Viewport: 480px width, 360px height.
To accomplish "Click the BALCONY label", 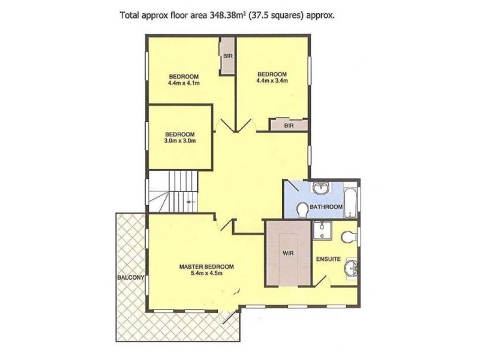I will [130, 277].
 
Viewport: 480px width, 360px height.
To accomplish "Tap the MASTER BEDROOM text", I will [206, 266].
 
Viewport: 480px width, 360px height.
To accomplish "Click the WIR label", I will [287, 253].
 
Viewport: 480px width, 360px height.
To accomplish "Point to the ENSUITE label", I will [328, 259].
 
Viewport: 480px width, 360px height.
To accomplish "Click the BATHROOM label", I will [326, 207].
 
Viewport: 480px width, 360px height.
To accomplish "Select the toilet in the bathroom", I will [302, 209].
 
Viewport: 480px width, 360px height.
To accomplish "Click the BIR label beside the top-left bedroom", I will [228, 56].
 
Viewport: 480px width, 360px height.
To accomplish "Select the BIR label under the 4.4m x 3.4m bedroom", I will [289, 125].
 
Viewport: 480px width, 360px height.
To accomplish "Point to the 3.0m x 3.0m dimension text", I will [180, 141].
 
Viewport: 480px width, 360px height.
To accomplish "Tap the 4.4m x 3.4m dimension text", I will [272, 80].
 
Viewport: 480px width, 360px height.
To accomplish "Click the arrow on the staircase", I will [190, 203].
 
